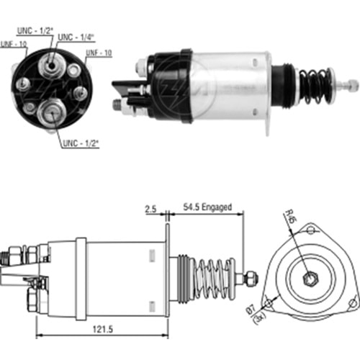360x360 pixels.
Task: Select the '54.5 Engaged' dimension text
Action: coord(206,207)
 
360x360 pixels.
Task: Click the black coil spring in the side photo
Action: coord(314,84)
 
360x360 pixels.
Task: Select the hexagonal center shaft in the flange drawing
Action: coord(309,278)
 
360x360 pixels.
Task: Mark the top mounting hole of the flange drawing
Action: coord(310,230)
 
